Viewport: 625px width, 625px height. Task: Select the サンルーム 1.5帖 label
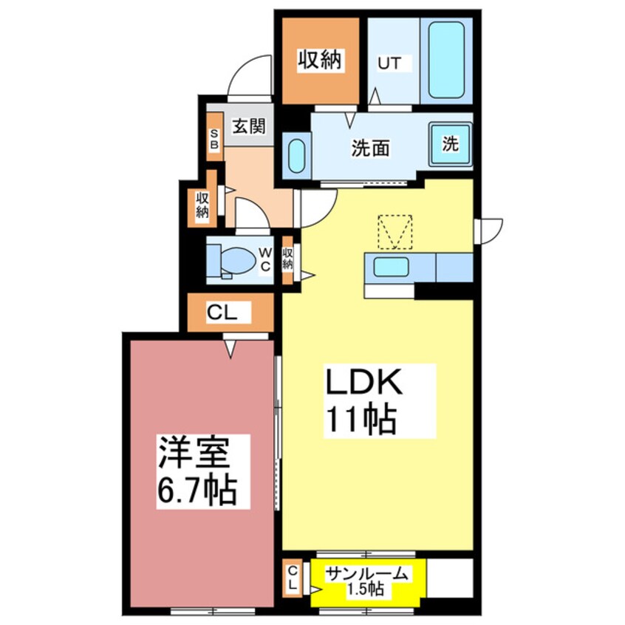pyautogui.click(x=366, y=581)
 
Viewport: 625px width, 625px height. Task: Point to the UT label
pyautogui.click(x=389, y=64)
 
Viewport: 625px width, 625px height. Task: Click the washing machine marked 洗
pyautogui.click(x=451, y=143)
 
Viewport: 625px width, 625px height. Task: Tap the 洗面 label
pyautogui.click(x=370, y=148)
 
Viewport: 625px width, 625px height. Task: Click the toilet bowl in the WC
pyautogui.click(x=238, y=260)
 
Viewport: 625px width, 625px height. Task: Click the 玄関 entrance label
pyautogui.click(x=249, y=127)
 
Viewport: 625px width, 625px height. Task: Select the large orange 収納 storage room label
pyautogui.click(x=320, y=60)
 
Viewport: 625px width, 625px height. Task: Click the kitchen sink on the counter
pyautogui.click(x=391, y=267)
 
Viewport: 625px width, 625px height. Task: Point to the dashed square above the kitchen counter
pyautogui.click(x=395, y=233)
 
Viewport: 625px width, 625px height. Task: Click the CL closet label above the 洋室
pyautogui.click(x=222, y=313)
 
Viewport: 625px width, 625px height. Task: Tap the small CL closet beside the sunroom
pyautogui.click(x=292, y=578)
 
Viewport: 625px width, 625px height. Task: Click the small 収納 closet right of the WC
pyautogui.click(x=288, y=260)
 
